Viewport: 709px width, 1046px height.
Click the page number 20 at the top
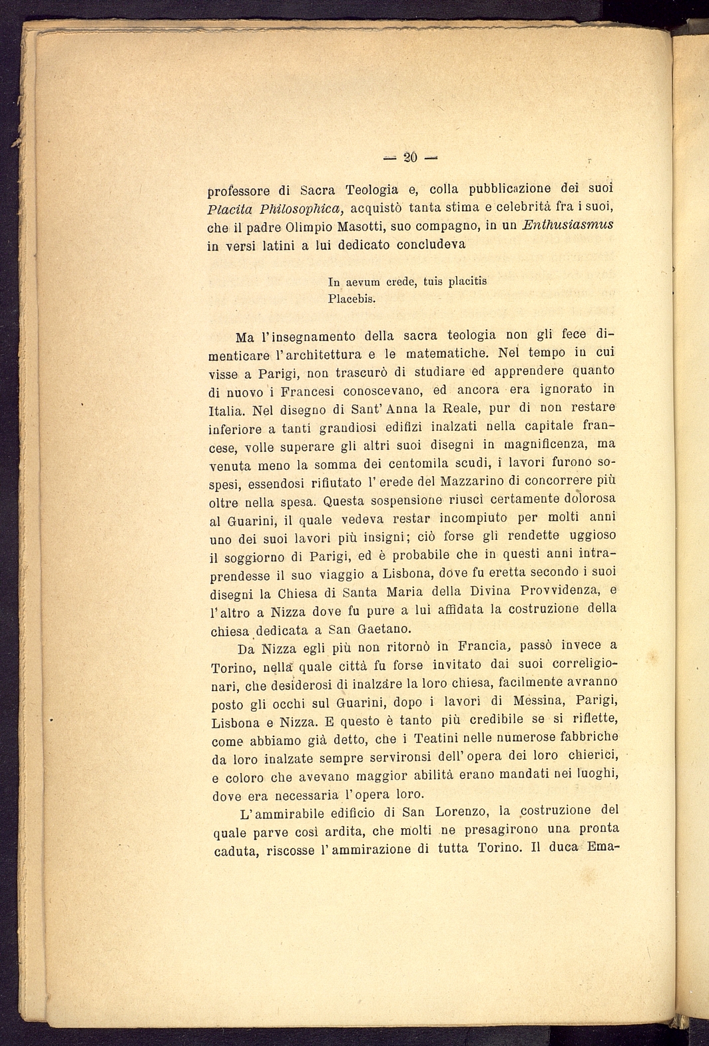point(410,157)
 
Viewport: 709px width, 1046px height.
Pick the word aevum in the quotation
point(365,281)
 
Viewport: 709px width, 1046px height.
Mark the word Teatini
point(435,738)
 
